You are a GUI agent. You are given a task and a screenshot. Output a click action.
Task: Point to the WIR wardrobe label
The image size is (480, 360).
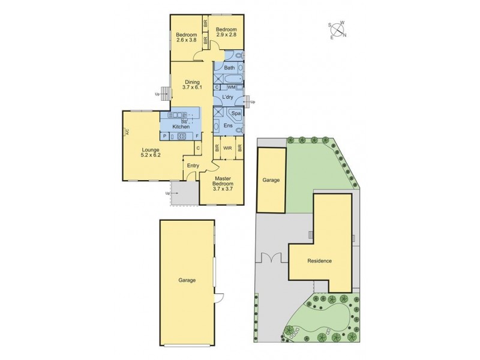coord(228,146)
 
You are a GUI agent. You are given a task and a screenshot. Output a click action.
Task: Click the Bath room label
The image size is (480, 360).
coord(229,68)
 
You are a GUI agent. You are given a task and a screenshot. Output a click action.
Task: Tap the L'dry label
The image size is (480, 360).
coord(227,97)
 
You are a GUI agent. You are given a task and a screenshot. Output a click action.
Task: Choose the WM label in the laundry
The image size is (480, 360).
coord(231,88)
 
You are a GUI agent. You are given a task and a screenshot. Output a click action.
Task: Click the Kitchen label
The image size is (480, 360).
coord(181,127)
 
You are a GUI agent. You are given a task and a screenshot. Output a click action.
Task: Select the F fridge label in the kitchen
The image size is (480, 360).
coord(197,136)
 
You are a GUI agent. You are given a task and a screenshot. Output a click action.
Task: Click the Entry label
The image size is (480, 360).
coord(193,166)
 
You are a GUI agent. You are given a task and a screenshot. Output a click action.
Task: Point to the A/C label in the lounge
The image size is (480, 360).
coord(127,134)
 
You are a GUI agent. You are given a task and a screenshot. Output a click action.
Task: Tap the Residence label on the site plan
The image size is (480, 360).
coord(319,261)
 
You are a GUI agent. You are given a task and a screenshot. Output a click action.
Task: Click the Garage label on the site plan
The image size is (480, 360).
coord(271,179)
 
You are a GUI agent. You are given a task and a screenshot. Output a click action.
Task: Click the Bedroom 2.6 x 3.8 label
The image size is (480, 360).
coord(187,38)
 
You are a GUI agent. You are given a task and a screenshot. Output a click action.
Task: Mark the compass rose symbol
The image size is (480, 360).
coord(337,29)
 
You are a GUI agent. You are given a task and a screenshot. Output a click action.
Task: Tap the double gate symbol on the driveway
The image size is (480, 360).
coord(271,258)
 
